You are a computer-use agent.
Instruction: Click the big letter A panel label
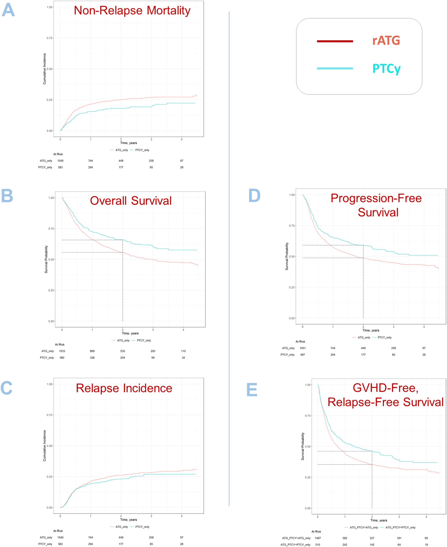point(8,10)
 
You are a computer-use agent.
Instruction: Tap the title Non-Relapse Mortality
point(132,11)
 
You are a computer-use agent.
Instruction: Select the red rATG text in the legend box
point(386,41)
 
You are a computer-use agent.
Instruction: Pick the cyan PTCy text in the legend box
point(387,69)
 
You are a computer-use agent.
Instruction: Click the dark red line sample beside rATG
point(335,41)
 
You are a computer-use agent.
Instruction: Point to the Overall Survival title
point(131,201)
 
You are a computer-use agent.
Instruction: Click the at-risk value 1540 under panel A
point(60,161)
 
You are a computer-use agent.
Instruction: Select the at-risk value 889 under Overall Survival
point(92,351)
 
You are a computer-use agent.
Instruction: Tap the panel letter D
point(254,196)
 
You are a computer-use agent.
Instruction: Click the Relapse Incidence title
point(124,388)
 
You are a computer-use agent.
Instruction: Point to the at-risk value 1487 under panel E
point(318,538)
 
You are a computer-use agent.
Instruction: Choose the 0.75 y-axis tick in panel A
point(49,38)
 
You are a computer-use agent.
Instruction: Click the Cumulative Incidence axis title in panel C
point(44,446)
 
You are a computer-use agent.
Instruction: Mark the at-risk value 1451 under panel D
point(303,348)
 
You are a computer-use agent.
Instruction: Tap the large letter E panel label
point(252,390)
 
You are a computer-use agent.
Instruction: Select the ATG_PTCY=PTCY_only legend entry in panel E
point(400,528)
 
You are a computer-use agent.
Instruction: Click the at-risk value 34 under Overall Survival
point(183,358)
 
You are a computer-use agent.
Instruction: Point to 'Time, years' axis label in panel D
point(371,330)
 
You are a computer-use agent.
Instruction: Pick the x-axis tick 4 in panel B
point(183,330)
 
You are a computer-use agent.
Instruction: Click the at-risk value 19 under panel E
point(426,545)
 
